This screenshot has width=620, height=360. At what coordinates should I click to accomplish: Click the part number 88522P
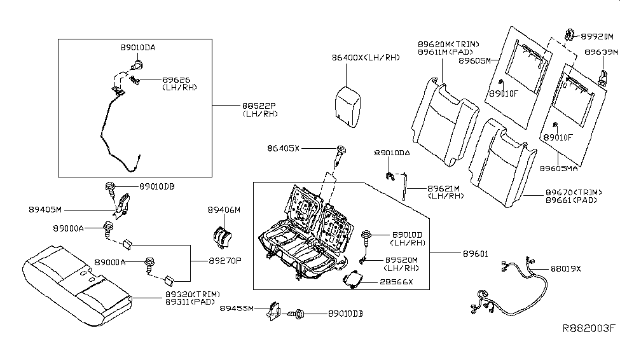(x=259, y=105)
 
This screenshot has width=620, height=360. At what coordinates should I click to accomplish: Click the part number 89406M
(x=224, y=210)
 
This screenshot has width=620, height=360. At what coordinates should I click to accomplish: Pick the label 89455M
(x=237, y=308)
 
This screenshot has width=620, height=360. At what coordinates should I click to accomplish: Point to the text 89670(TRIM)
(x=572, y=191)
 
